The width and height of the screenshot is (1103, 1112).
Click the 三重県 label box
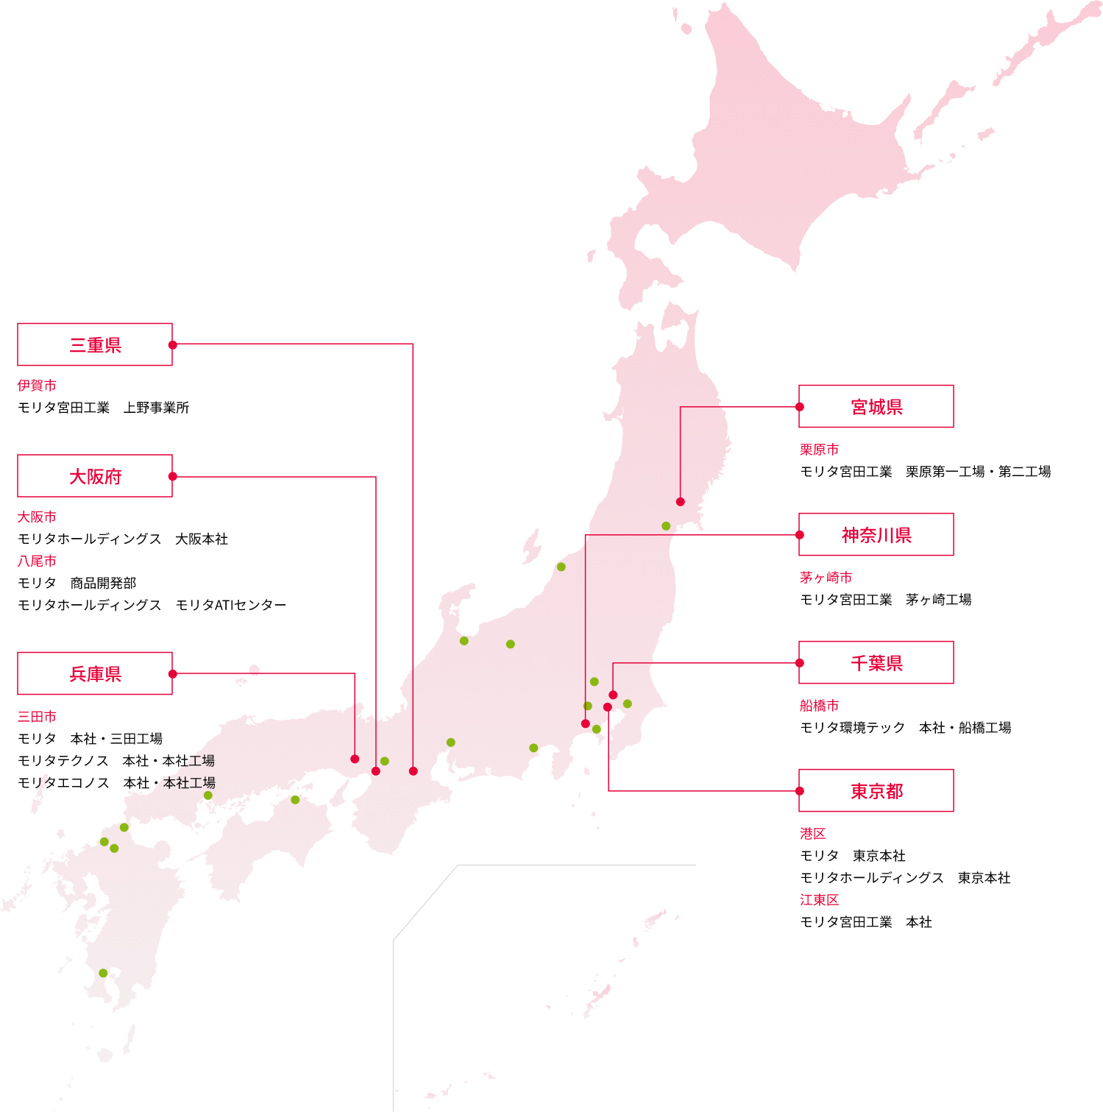coord(95,344)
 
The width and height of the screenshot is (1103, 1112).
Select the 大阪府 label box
coord(95,476)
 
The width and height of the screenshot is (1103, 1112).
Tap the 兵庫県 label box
coord(95,673)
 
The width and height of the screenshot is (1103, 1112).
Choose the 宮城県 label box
coord(876,406)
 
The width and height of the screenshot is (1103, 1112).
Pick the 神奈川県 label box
coord(876,534)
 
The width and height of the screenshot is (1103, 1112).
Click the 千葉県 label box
coord(876,662)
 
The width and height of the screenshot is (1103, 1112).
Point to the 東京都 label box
coord(876,790)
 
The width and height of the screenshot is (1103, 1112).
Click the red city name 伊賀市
coord(37,385)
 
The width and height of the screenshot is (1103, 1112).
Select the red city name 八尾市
coord(37,561)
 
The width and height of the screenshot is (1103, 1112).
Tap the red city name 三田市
coord(37,716)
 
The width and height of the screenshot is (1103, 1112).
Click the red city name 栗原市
coord(819,449)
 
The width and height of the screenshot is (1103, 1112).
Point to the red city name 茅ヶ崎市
coord(826,577)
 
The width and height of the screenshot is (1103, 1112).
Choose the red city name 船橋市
coord(819,705)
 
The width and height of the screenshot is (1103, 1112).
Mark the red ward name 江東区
coord(819,899)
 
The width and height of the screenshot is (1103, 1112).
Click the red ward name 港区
coord(812,833)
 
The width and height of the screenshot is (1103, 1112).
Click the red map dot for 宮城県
coord(680,502)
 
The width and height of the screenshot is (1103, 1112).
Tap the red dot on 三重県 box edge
coord(173,344)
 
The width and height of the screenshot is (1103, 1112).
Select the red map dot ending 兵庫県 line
coord(355,759)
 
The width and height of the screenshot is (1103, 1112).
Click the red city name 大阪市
coord(37,517)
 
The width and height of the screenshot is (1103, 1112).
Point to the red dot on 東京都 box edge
coord(800,791)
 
